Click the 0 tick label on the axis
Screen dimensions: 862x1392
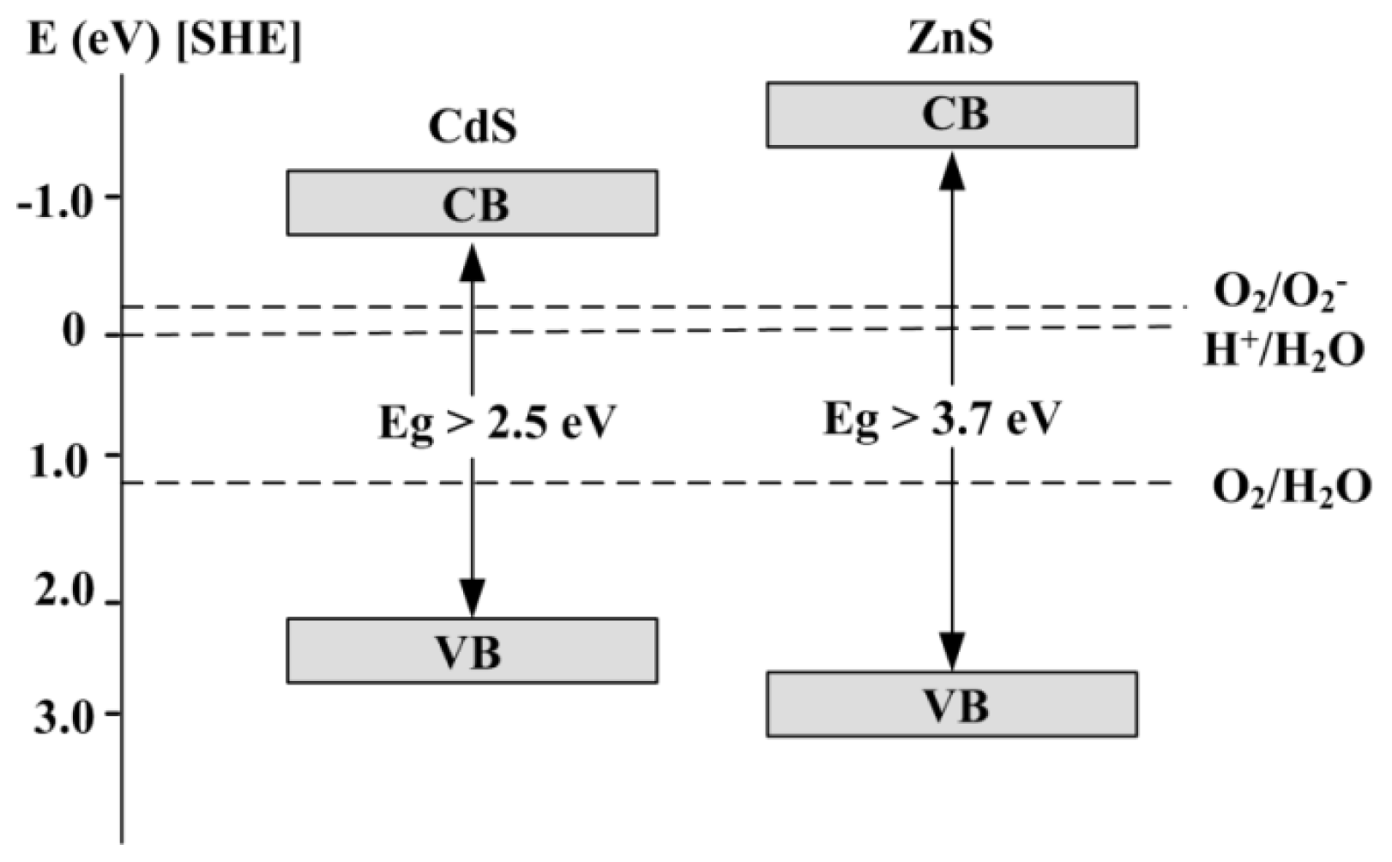click(x=74, y=331)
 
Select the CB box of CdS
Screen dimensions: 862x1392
click(x=473, y=202)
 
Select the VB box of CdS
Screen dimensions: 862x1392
click(x=473, y=651)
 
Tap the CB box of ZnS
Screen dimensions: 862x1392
click(x=952, y=114)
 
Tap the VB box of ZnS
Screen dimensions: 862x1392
click(x=952, y=705)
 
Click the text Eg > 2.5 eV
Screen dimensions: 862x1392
click(x=497, y=422)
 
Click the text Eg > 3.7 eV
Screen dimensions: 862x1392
click(x=942, y=419)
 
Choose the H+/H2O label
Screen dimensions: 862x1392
click(x=1283, y=352)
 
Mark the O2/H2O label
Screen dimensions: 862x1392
click(x=1290, y=488)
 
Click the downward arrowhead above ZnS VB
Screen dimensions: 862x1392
click(x=952, y=651)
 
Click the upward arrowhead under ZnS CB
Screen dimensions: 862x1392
click(x=952, y=172)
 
